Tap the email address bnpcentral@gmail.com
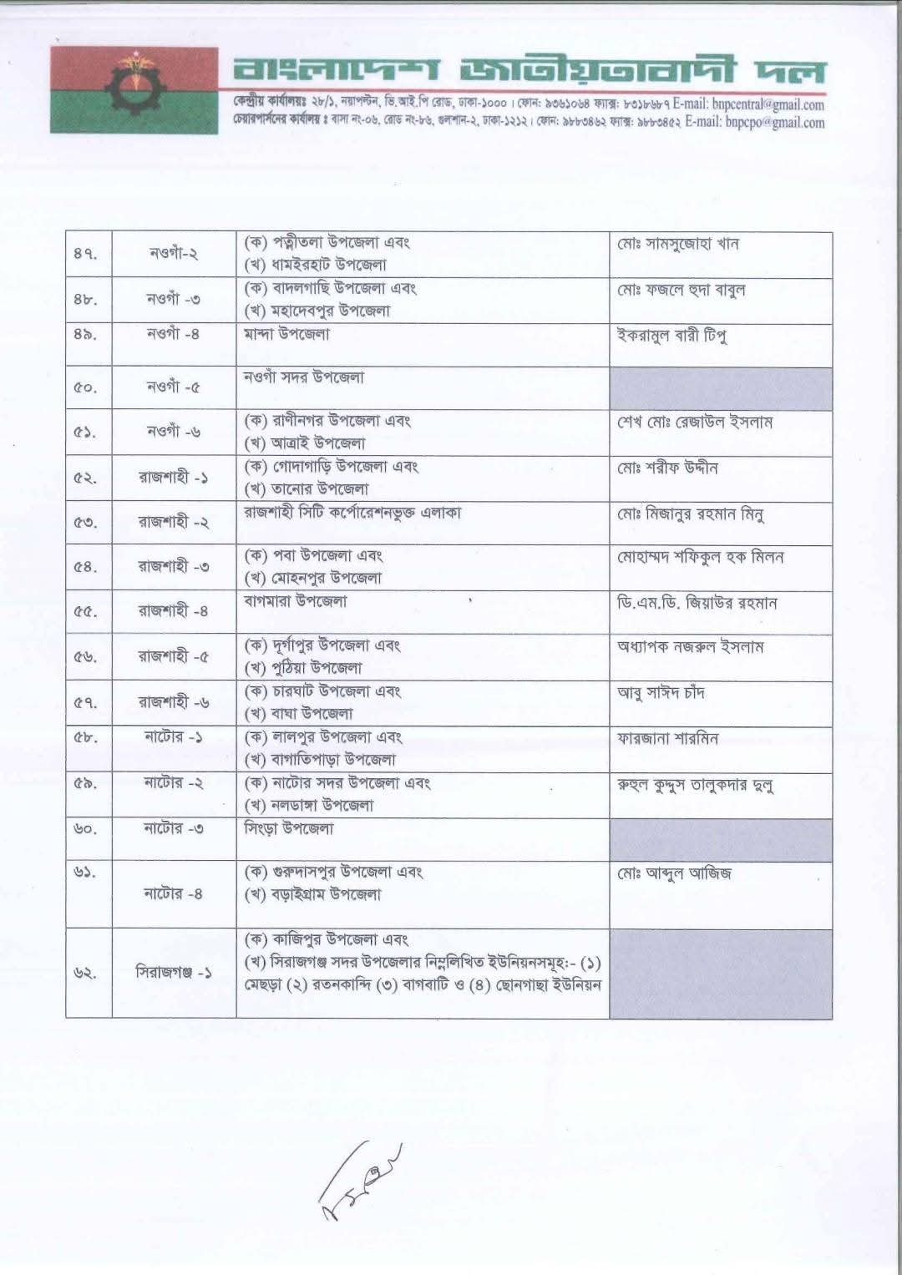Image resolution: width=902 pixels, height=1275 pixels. (x=768, y=105)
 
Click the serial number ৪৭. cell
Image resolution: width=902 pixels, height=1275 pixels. (x=86, y=255)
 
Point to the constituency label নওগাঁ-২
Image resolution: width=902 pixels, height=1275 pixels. (x=174, y=254)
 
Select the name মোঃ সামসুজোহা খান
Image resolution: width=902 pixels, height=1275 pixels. (x=678, y=245)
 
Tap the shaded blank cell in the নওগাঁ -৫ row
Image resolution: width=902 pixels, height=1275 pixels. (x=720, y=388)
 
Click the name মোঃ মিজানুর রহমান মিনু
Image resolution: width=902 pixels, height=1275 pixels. (x=691, y=514)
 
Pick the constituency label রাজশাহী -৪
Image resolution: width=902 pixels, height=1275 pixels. (x=174, y=611)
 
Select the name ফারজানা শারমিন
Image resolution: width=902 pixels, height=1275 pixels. (x=668, y=739)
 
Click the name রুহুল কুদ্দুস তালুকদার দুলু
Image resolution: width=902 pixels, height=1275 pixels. (x=695, y=786)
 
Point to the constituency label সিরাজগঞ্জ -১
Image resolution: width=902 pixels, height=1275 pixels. (x=174, y=974)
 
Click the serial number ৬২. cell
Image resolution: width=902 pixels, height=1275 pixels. (x=86, y=974)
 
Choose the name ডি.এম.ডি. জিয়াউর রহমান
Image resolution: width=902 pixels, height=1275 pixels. (x=697, y=603)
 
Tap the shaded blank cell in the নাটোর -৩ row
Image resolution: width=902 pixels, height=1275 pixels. (x=720, y=840)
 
